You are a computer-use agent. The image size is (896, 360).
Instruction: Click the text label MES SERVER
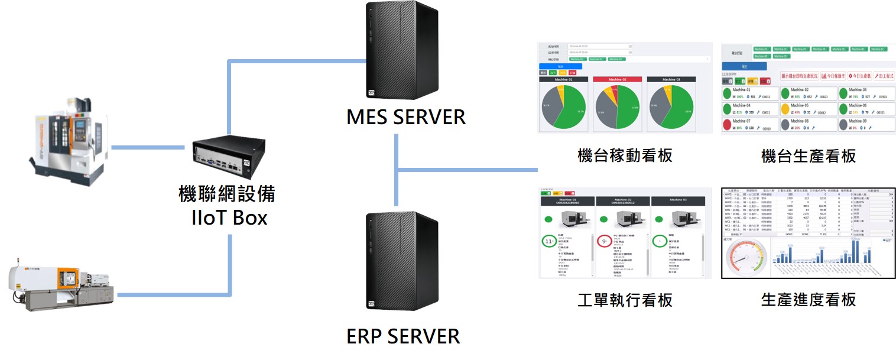(405, 116)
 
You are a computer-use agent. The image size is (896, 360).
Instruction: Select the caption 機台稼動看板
(625, 156)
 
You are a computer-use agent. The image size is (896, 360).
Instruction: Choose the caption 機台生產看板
(808, 156)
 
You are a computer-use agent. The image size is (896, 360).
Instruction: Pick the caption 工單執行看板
(625, 300)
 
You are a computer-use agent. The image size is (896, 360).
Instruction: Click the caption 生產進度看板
(808, 300)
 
